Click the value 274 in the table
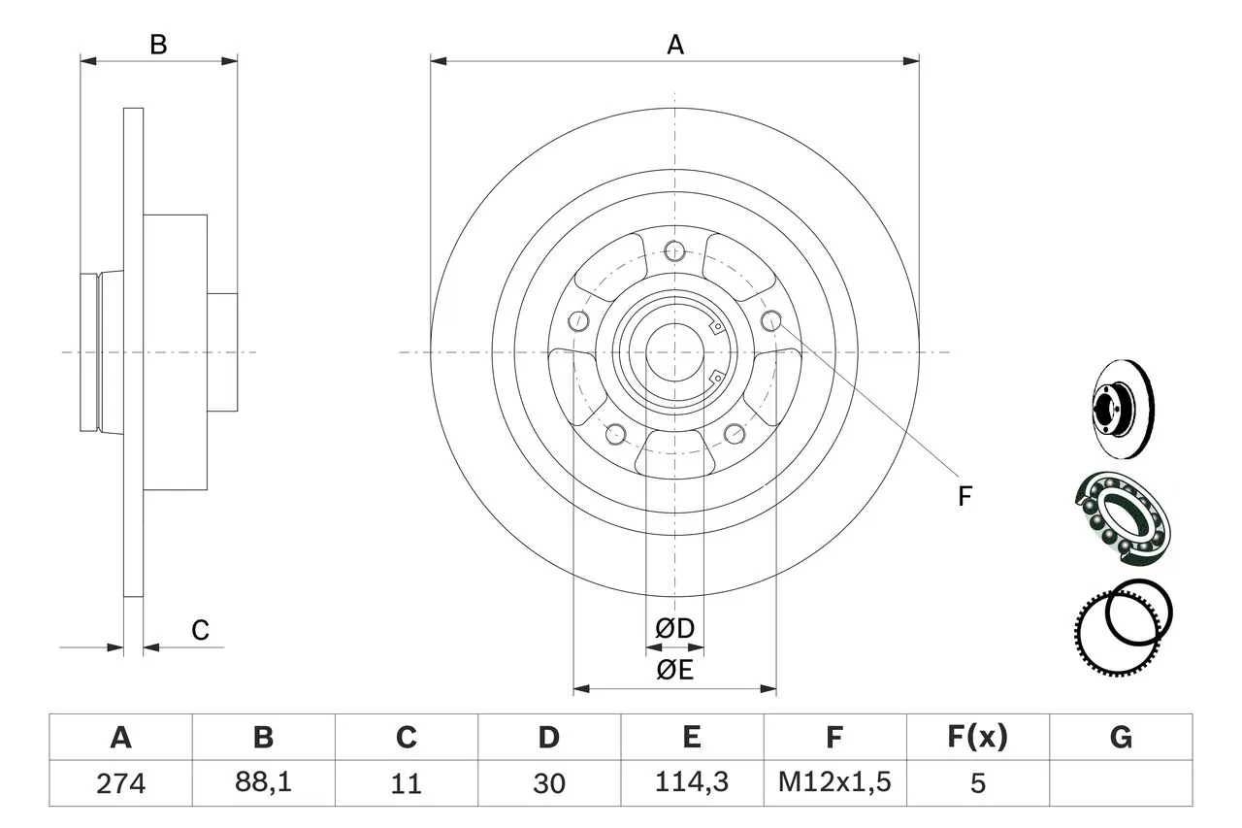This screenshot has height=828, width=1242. point(120,783)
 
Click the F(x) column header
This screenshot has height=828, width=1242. point(977,738)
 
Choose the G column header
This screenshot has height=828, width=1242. point(1121,738)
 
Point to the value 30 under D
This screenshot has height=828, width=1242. point(548,783)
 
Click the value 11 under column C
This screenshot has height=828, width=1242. point(406,783)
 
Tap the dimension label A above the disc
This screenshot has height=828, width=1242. point(674,45)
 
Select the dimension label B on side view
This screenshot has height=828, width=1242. point(158,45)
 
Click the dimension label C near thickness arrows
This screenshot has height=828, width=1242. point(200,631)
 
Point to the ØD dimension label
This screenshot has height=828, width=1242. point(675,629)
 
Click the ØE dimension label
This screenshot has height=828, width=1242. point(675,671)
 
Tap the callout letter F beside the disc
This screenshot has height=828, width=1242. point(964,497)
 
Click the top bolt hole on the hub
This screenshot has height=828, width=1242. point(675,252)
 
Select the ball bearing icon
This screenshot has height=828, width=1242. point(1122,518)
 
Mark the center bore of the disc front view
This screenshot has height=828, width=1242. point(675,351)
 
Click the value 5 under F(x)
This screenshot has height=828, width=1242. point(977,783)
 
